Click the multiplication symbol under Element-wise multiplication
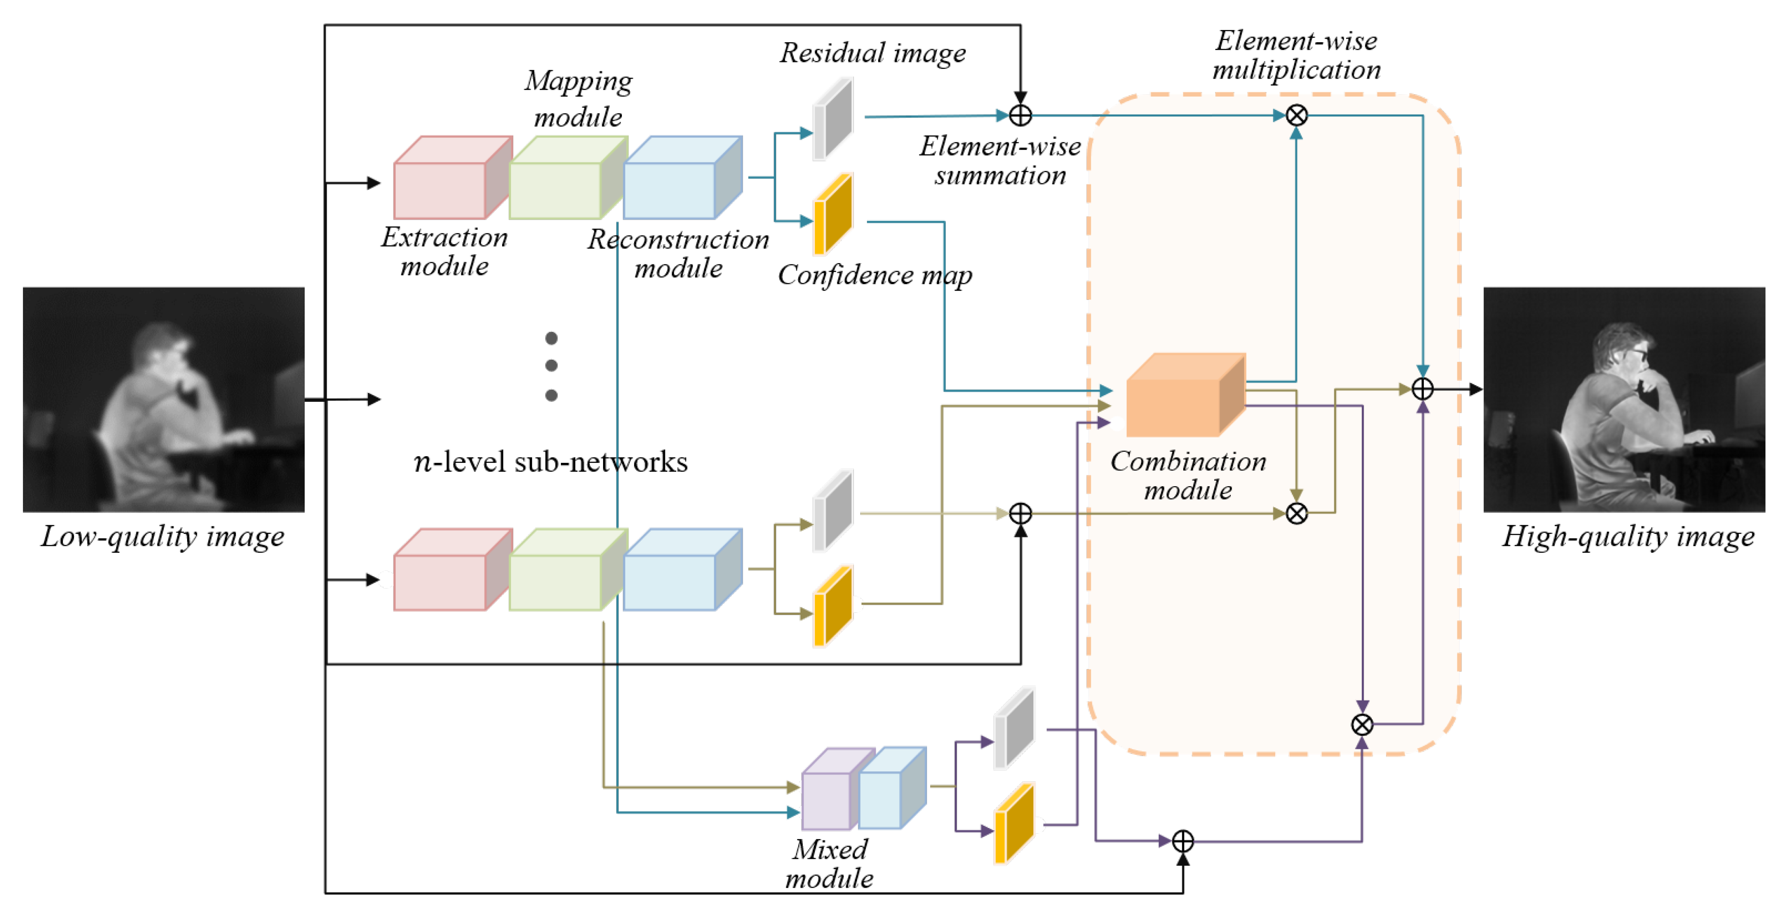1296,115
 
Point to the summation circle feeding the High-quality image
1422,389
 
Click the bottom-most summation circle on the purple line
1183,841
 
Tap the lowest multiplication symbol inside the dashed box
1362,724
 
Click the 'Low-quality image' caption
162,537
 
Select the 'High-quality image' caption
1628,537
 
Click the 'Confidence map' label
875,276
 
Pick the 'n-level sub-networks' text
550,462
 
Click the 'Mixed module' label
829,864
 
